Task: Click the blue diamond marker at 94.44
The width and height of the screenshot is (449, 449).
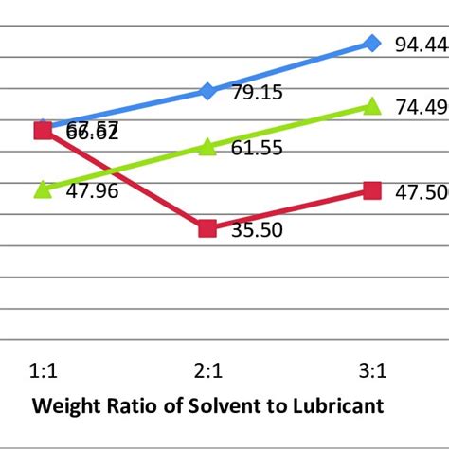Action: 372,43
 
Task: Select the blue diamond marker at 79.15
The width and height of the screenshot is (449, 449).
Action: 207,91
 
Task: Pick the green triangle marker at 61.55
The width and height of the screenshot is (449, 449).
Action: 207,147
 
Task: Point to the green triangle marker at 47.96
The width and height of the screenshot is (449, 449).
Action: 43,189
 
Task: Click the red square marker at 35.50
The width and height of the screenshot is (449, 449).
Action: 207,228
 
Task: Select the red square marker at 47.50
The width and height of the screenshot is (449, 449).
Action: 372,190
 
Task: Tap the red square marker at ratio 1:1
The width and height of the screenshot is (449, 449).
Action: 43,130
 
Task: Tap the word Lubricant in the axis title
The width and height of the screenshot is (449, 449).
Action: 338,406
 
